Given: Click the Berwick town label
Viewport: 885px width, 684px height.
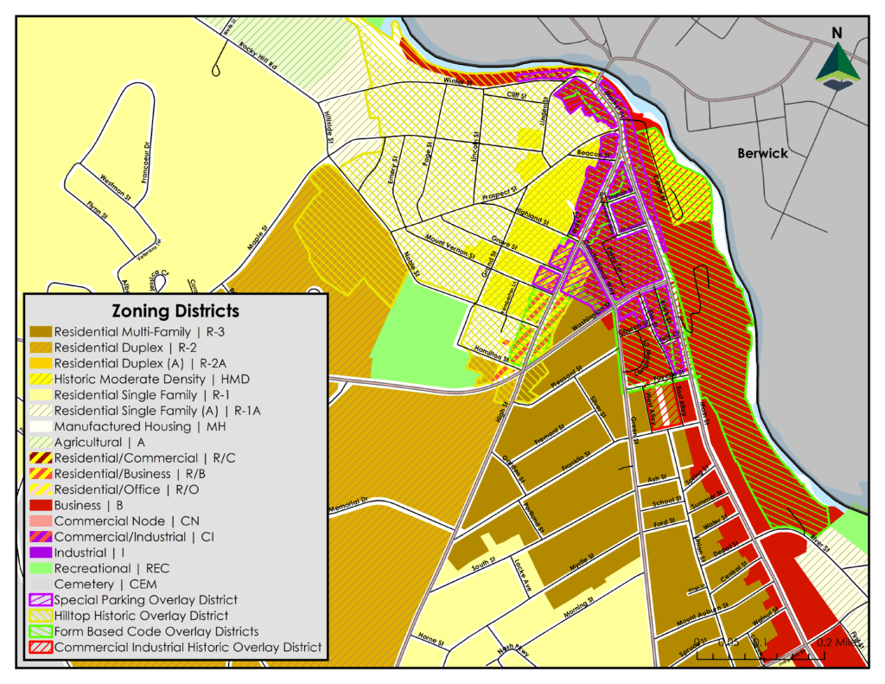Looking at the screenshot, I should (x=762, y=153).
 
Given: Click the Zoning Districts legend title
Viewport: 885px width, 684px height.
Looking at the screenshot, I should (x=175, y=310).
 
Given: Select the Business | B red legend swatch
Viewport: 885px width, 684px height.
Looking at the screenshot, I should (x=41, y=506).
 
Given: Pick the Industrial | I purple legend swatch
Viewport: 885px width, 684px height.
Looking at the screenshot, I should (x=41, y=553).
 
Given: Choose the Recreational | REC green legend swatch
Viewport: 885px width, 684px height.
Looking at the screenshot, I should (x=41, y=568).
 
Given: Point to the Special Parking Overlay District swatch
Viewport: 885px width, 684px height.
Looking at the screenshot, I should (x=41, y=599).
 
